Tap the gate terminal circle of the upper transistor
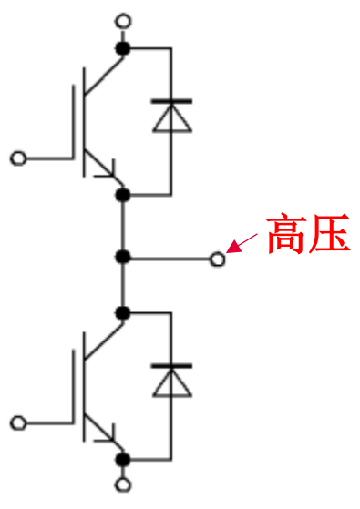pyautogui.click(x=16, y=158)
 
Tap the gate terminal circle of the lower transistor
pyautogui.click(x=16, y=422)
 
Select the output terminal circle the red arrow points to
pyautogui.click(x=217, y=260)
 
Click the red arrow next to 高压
pyautogui.click(x=243, y=243)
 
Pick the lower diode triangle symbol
pyautogui.click(x=170, y=382)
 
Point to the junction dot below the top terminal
pyautogui.click(x=124, y=47)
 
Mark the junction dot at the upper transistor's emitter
pyautogui.click(x=124, y=195)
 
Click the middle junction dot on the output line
pyautogui.click(x=124, y=260)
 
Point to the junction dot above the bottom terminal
pyautogui.click(x=124, y=460)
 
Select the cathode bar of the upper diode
pyautogui.click(x=170, y=100)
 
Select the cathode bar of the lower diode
pyautogui.click(x=170, y=365)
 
